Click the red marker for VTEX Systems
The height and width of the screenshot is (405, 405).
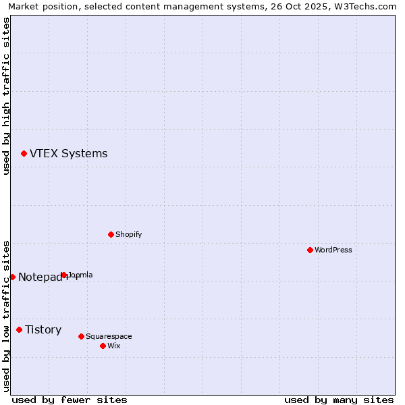[x=24, y=154]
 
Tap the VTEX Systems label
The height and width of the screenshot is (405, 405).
[x=68, y=154]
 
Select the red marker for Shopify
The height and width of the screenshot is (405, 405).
[x=111, y=234]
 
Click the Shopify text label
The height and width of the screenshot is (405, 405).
[x=128, y=235]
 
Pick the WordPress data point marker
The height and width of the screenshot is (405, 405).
[x=310, y=250]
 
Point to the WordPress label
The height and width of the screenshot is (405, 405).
[x=333, y=250]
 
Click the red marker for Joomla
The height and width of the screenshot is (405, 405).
[x=64, y=275]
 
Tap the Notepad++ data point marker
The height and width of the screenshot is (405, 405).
[x=12, y=277]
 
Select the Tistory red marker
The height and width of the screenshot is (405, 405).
[x=19, y=329]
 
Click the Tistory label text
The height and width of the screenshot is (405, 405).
[x=43, y=330]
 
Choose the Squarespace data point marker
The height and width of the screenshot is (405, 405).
[x=81, y=336]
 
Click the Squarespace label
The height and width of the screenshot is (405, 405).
[x=109, y=337]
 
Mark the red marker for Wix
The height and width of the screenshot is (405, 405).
[x=103, y=346]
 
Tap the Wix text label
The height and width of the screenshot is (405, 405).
[x=113, y=346]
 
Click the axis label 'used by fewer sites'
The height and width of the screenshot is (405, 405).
[x=70, y=400]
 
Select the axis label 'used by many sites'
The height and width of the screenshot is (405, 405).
[x=339, y=400]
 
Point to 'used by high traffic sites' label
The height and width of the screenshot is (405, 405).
[x=6, y=96]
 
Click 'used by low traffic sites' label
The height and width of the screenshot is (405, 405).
[x=6, y=315]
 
